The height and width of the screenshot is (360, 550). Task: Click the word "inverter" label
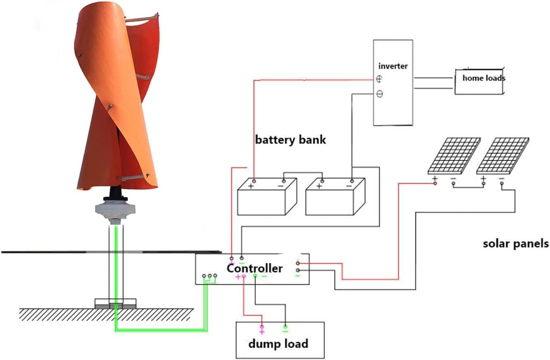[x=393, y=66]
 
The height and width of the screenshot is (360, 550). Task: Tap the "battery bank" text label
[x=290, y=139]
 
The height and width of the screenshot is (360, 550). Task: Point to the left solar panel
[x=454, y=156]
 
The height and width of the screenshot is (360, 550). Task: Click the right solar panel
[x=502, y=156]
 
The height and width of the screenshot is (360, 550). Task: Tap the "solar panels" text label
[x=516, y=243]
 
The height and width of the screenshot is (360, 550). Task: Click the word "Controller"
[x=254, y=268]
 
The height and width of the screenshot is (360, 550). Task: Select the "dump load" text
[x=278, y=343]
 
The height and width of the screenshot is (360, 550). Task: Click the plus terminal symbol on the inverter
[x=379, y=79]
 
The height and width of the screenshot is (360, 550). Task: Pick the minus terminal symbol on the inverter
[x=379, y=94]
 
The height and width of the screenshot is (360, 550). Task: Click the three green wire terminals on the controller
[x=209, y=276]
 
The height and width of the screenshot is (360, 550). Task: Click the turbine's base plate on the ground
[x=116, y=303]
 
